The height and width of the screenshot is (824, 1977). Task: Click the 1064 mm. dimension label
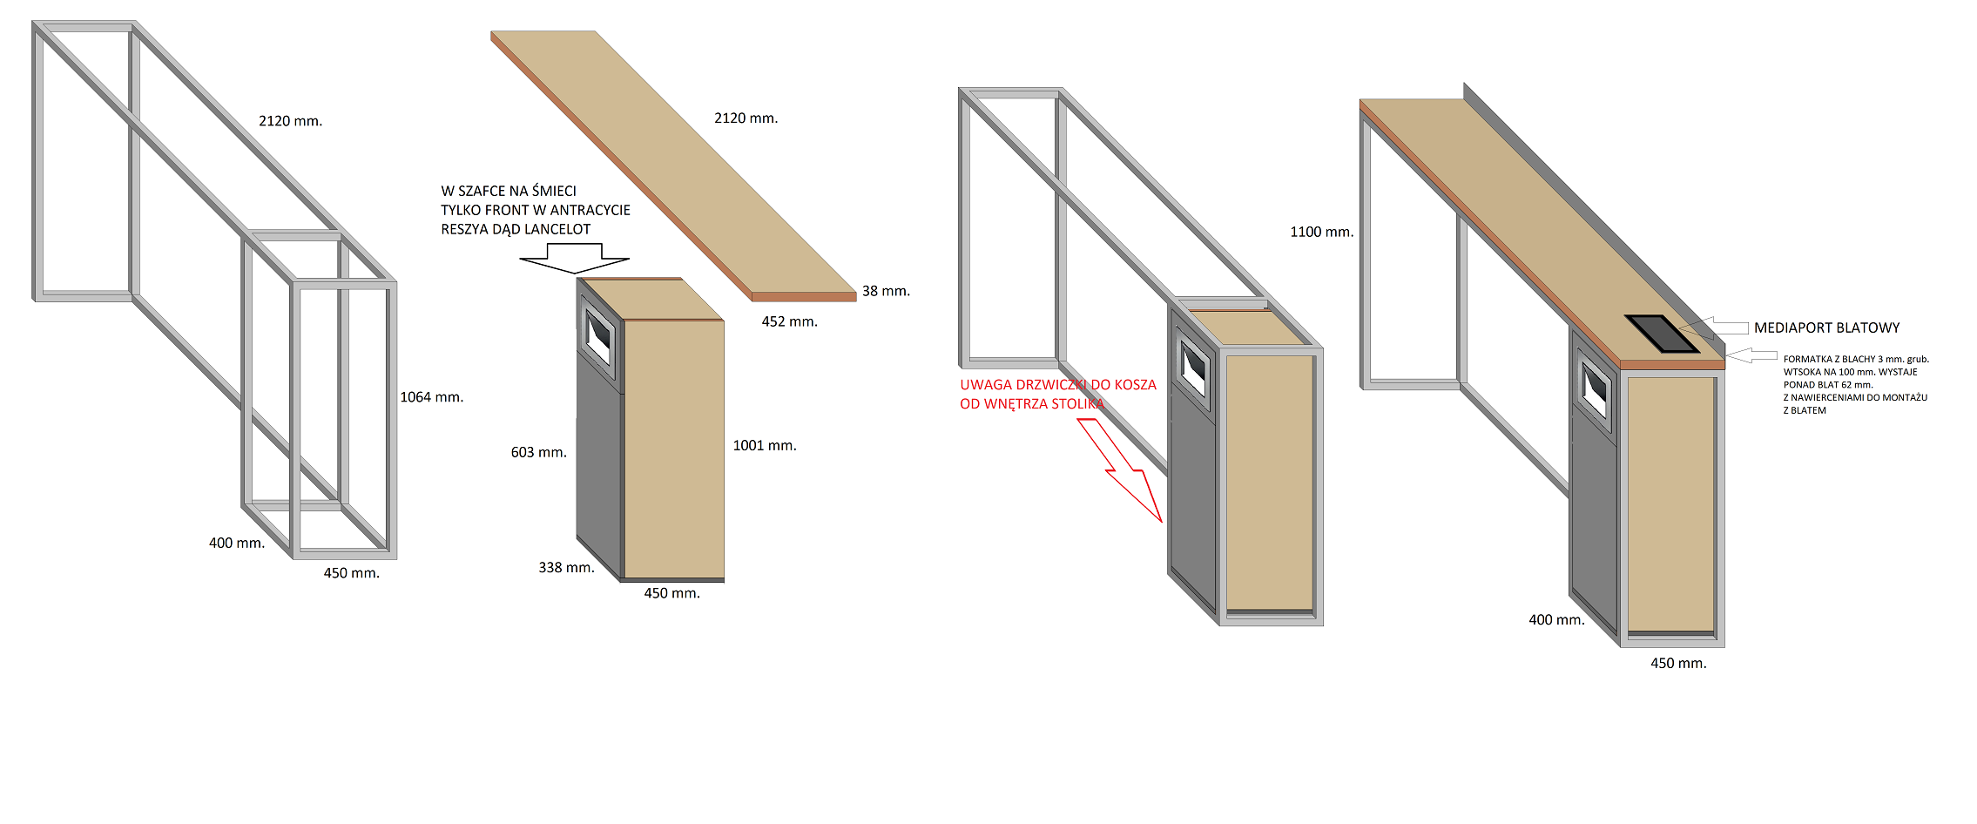pyautogui.click(x=431, y=397)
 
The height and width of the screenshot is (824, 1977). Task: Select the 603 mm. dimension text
pyautogui.click(x=538, y=453)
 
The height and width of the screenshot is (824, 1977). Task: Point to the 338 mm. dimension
pyautogui.click(x=566, y=568)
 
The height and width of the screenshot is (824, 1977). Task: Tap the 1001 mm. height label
pyautogui.click(x=765, y=446)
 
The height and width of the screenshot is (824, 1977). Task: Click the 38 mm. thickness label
pyautogui.click(x=886, y=291)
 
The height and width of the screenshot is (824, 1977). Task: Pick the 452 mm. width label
pyautogui.click(x=789, y=321)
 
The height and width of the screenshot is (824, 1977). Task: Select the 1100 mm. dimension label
pyautogui.click(x=1321, y=232)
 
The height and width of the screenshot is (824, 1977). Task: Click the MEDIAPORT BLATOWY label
pyautogui.click(x=1826, y=328)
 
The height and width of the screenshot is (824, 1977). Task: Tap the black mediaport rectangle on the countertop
pyautogui.click(x=1662, y=334)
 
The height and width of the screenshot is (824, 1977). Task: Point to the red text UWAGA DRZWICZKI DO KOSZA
pyautogui.click(x=1058, y=385)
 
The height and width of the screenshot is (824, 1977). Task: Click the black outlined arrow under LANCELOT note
pyautogui.click(x=574, y=259)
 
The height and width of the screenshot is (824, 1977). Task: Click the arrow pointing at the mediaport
pyautogui.click(x=1714, y=328)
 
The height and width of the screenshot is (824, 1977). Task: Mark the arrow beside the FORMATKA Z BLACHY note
pyautogui.click(x=1751, y=355)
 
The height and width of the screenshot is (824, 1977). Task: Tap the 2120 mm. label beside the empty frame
pyautogui.click(x=290, y=121)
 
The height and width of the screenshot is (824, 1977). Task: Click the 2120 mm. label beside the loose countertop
pyautogui.click(x=746, y=118)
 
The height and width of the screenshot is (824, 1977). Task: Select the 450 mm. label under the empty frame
pyautogui.click(x=351, y=573)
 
